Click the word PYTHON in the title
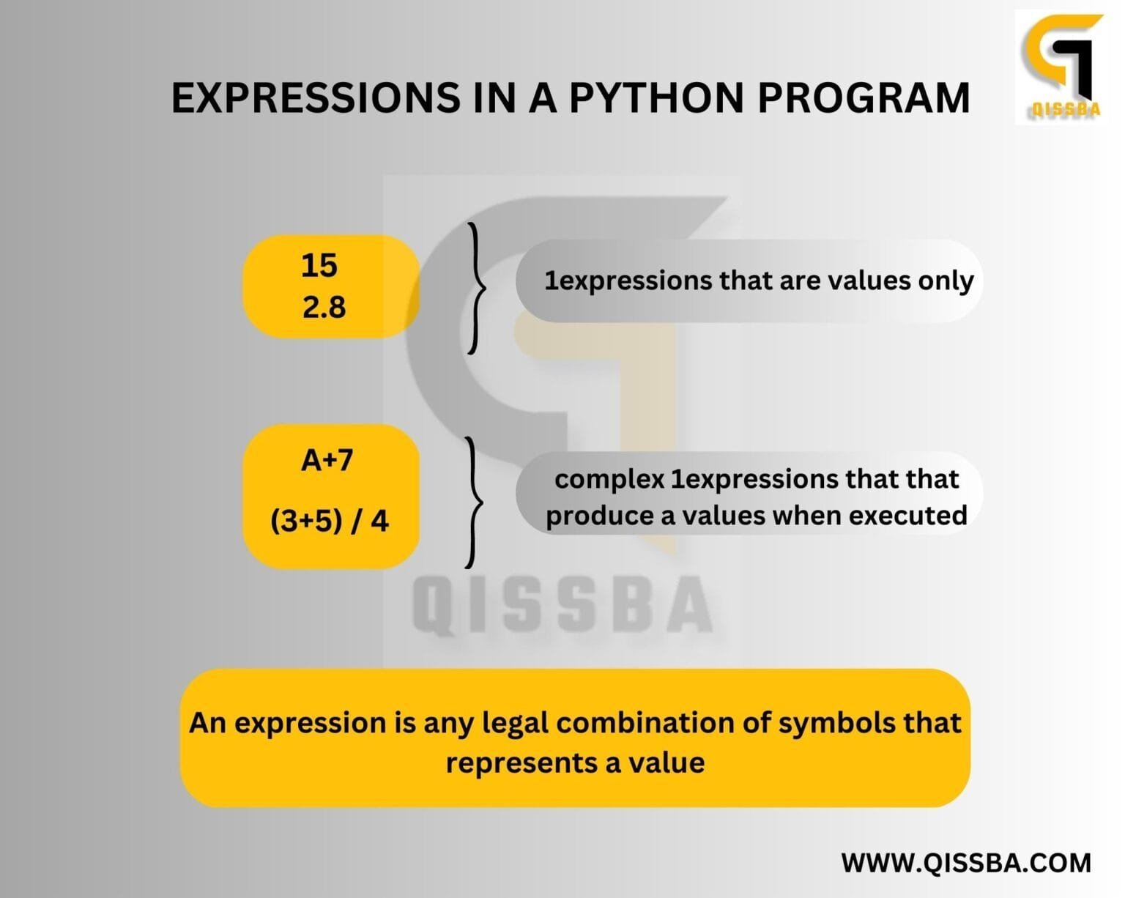[x=656, y=97]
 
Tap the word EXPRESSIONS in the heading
[x=316, y=97]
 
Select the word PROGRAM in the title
[x=864, y=97]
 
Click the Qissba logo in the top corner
[x=1061, y=66]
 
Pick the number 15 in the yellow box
[x=319, y=265]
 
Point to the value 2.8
[x=324, y=307]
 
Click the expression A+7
[x=327, y=461]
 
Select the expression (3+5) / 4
[x=330, y=521]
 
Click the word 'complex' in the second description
[x=609, y=480]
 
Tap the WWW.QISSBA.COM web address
[x=966, y=862]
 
